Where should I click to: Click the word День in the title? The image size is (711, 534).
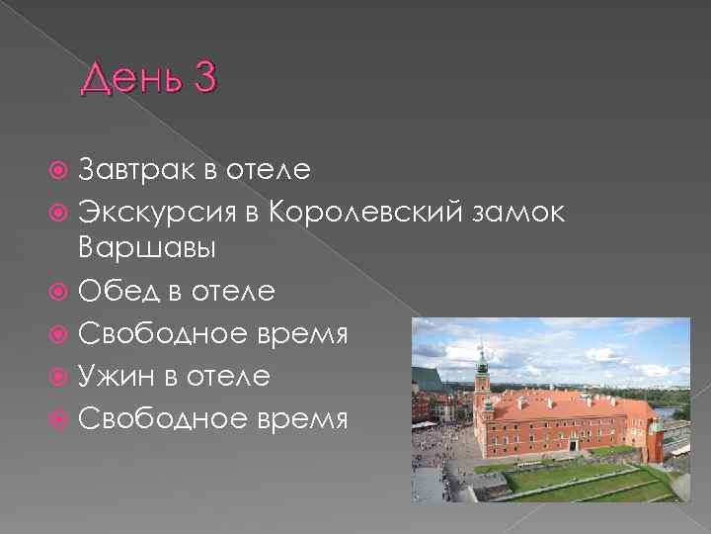[x=130, y=77]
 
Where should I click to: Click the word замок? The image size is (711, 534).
[x=513, y=211]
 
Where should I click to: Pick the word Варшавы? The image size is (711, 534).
[x=145, y=251]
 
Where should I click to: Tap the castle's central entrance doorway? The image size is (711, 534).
[x=572, y=447]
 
